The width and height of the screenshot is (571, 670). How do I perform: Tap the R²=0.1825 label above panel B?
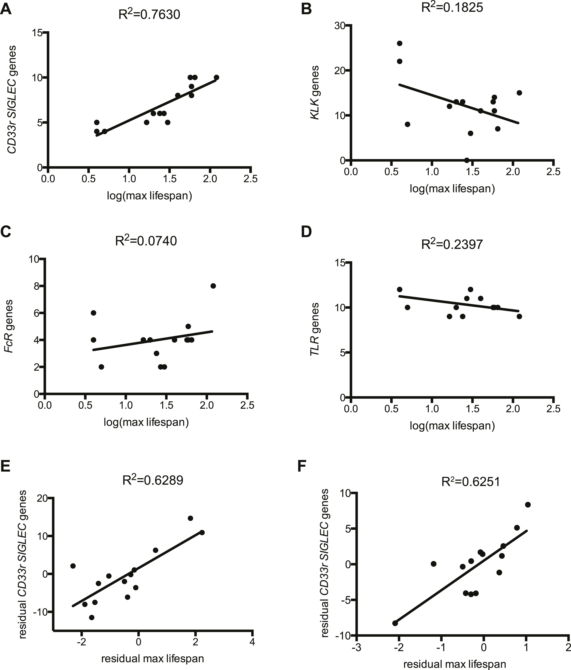(452, 7)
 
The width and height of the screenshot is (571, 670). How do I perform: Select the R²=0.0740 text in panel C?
(146, 241)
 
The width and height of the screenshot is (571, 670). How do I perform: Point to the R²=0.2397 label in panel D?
(452, 244)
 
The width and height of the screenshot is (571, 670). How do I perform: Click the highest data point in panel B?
(400, 43)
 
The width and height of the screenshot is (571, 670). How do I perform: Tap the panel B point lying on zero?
(467, 160)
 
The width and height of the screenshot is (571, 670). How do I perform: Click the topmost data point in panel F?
(528, 504)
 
